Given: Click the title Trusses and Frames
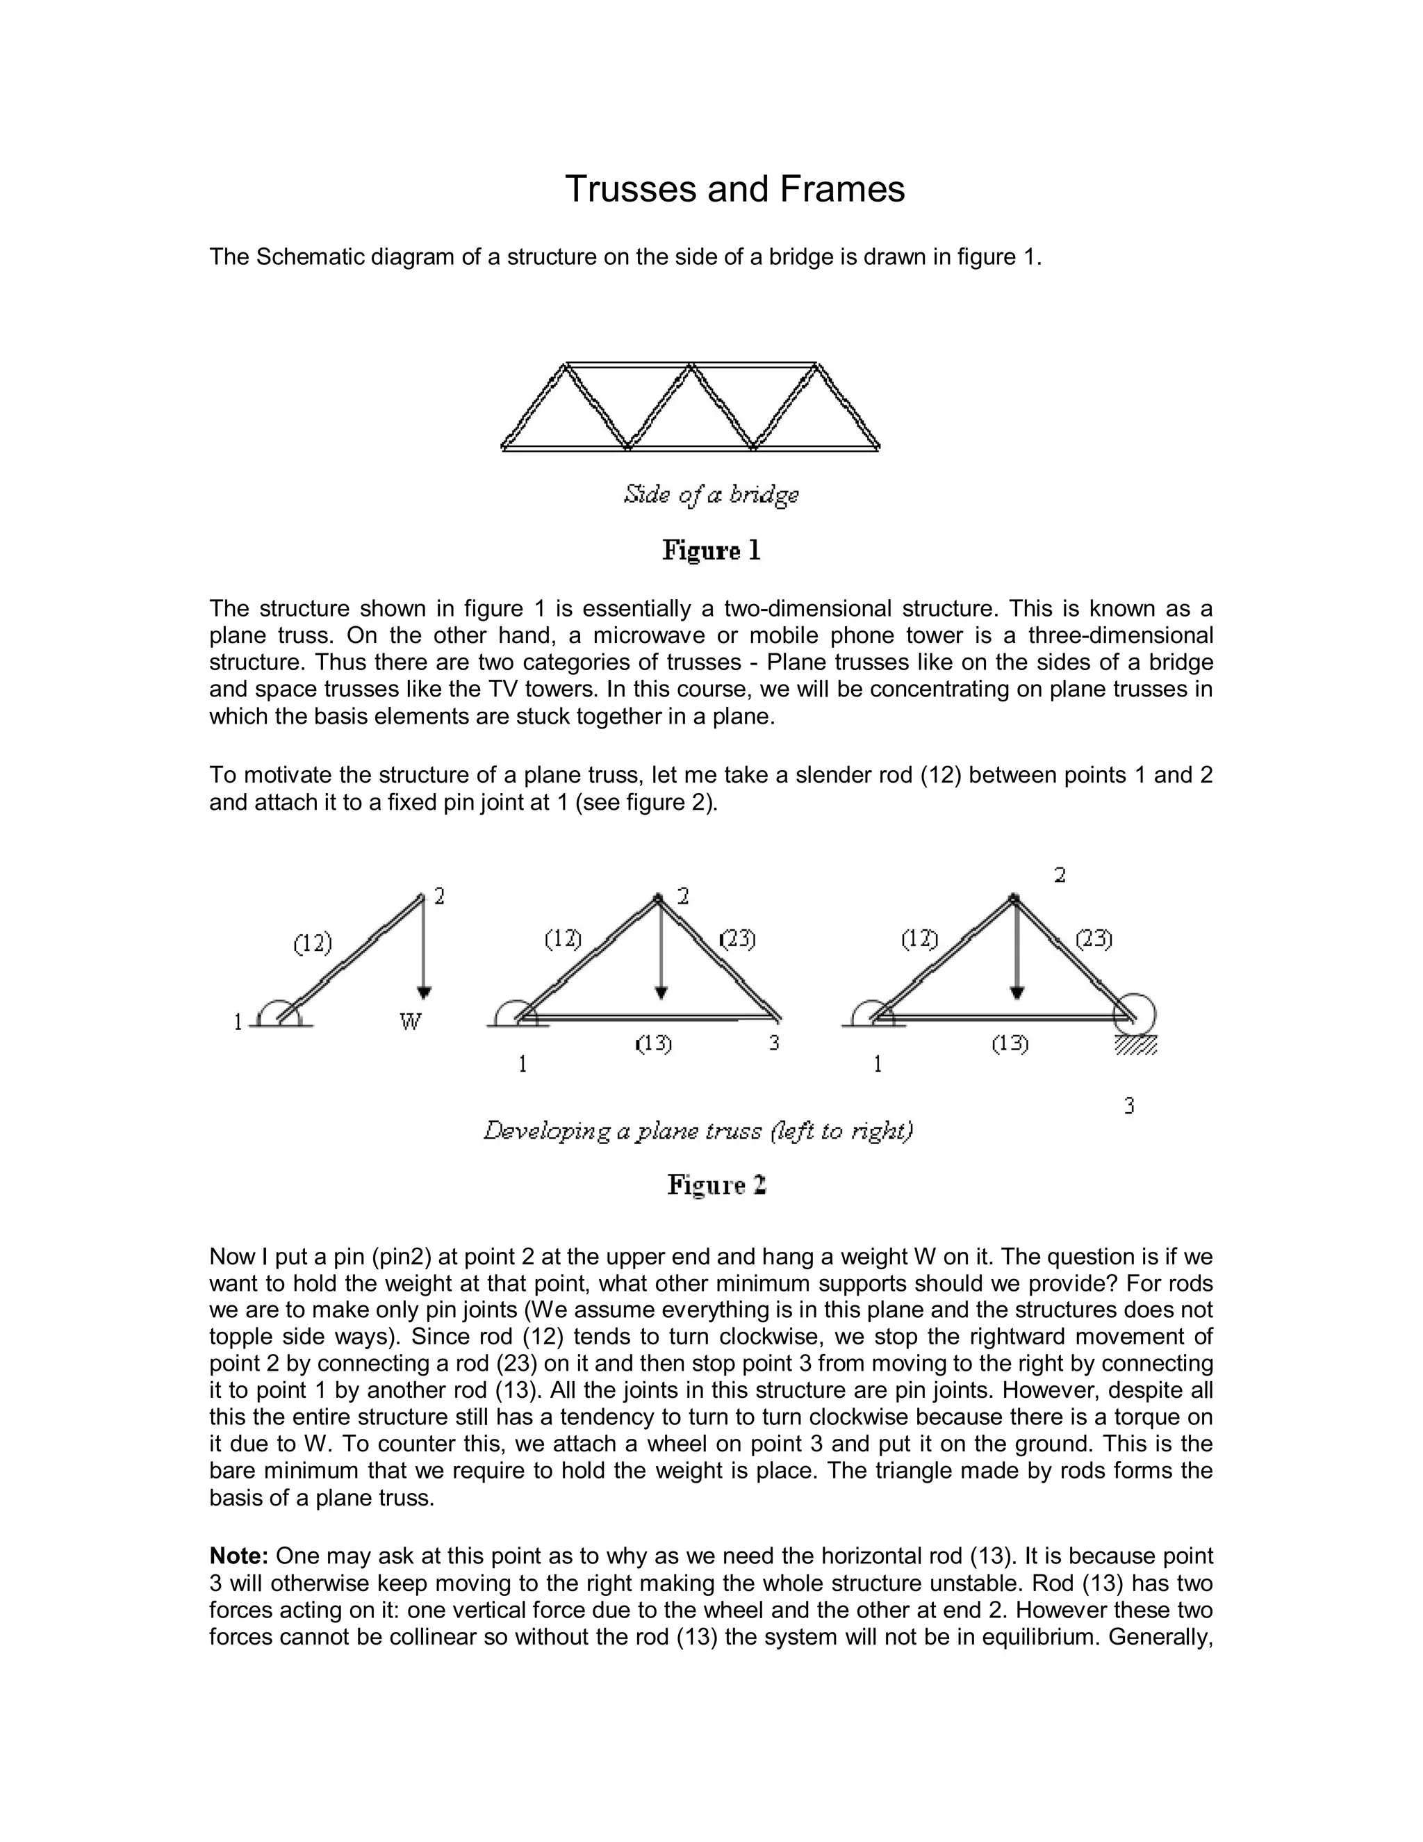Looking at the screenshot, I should coord(734,190).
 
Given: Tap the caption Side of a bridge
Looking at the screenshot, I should coord(711,494).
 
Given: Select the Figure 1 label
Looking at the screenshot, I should coord(711,551).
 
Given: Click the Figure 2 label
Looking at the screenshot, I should coord(716,1185).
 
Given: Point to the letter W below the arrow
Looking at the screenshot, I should coord(410,1022).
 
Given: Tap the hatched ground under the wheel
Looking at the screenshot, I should coord(1135,1046).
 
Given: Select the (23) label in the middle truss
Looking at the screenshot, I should coord(738,938).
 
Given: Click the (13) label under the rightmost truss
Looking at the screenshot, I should coord(1009,1044).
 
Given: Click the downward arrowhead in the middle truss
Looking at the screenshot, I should coord(661,993).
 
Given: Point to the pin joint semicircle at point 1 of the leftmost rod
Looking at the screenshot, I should coord(277,1012).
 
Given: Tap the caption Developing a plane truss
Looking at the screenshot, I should coord(698,1131).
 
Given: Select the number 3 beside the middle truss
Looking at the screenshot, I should coord(774,1043).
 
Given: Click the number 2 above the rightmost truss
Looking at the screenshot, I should coord(1060,875).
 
